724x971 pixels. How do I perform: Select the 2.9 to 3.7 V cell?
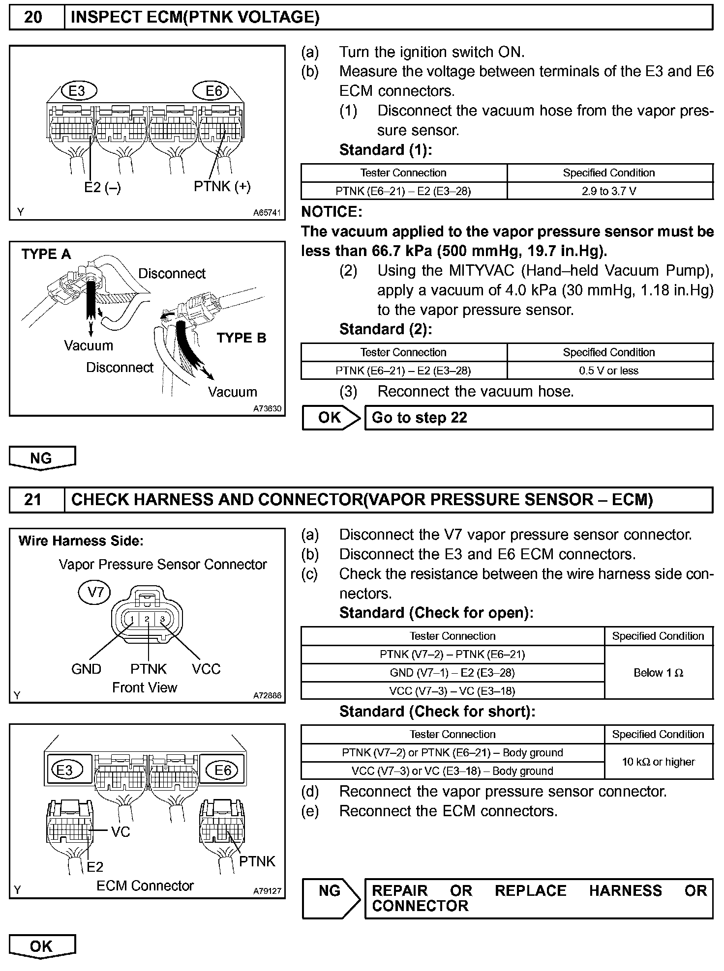click(x=609, y=191)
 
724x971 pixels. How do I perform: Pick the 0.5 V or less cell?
click(x=609, y=371)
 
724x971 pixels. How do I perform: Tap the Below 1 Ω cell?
click(x=658, y=672)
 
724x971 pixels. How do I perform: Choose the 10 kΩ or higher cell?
click(x=658, y=762)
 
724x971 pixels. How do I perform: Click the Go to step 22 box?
click(x=538, y=418)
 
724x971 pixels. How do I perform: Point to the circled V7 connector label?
click(x=94, y=593)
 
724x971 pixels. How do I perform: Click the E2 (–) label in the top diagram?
click(x=102, y=187)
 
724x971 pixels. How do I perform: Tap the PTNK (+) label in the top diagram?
click(x=222, y=186)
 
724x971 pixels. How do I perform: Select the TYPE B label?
click(x=241, y=338)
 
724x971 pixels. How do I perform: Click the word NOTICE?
click(x=332, y=212)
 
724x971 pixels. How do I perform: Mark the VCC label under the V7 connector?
click(x=206, y=669)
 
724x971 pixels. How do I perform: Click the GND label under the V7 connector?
click(x=86, y=669)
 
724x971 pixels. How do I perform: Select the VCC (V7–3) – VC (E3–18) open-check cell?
click(x=452, y=691)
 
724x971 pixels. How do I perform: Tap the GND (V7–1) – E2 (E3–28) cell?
click(x=452, y=673)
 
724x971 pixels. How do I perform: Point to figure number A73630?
click(x=267, y=408)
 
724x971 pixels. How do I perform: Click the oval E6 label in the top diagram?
click(x=214, y=91)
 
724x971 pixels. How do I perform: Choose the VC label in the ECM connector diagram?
click(x=121, y=831)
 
